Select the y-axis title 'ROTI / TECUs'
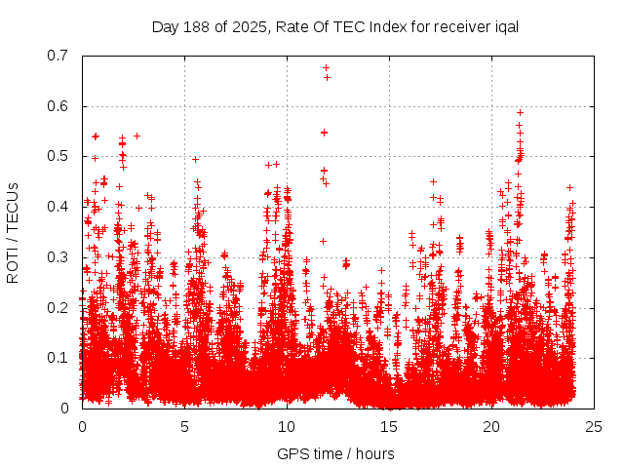coord(14,232)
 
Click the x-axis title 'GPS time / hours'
coord(335,452)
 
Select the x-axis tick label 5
coord(184,426)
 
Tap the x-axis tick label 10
coord(287,426)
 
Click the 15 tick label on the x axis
coord(389,426)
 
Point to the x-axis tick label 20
coord(491,426)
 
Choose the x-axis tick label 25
coord(594,426)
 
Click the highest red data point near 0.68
coord(326,67)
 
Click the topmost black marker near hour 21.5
coord(520,112)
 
